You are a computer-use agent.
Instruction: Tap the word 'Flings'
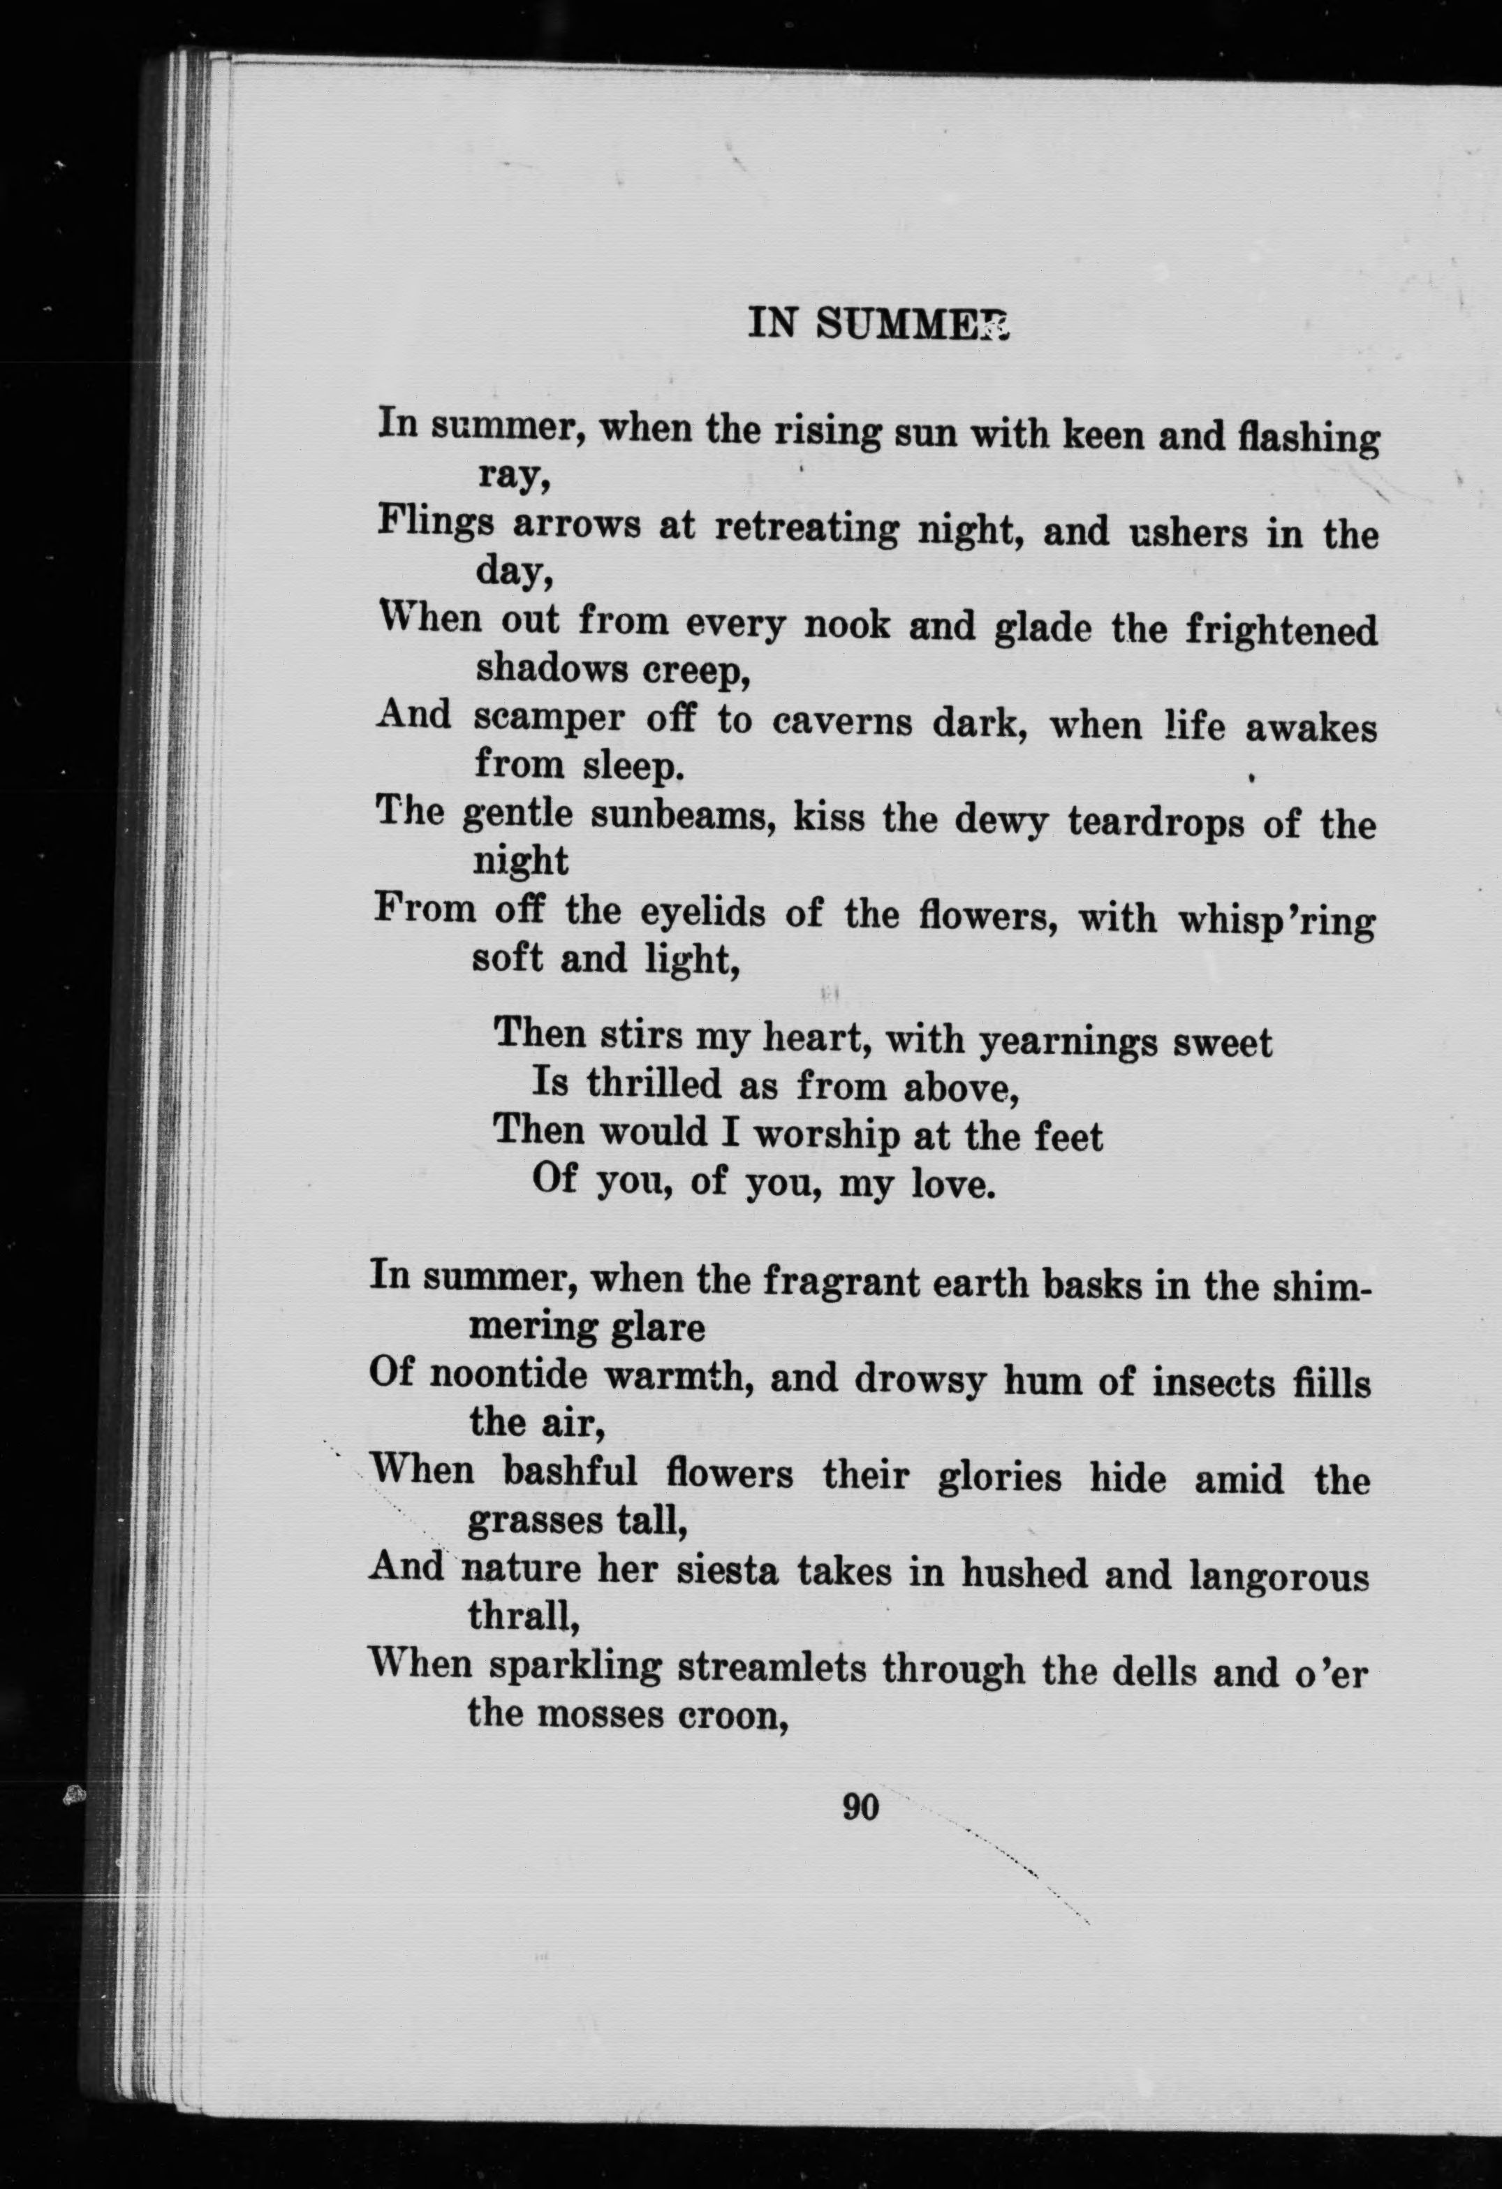point(435,524)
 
